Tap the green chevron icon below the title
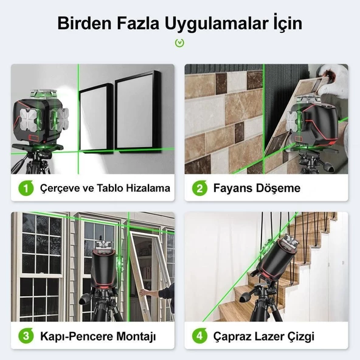[x=179, y=43]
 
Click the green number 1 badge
[x=26, y=189]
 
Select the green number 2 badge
[x=199, y=189]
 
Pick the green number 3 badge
[x=26, y=336]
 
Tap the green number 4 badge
[x=199, y=336]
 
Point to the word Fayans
[x=231, y=189]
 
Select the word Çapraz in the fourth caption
[x=234, y=336]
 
